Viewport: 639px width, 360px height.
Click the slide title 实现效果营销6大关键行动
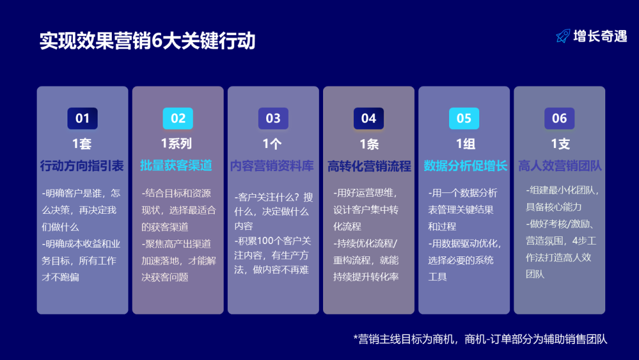point(147,41)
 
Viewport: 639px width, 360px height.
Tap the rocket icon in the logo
point(563,36)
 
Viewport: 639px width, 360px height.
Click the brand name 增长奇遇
point(600,36)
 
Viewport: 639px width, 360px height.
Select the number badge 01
point(82,118)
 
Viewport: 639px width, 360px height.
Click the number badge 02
point(178,118)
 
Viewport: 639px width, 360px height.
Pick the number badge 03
point(273,118)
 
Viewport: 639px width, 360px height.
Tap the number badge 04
point(369,118)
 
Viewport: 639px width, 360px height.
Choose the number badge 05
point(464,118)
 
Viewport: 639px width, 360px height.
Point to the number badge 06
point(559,118)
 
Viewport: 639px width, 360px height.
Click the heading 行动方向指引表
point(82,166)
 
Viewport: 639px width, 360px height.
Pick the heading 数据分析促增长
point(465,166)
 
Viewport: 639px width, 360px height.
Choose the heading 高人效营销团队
point(560,166)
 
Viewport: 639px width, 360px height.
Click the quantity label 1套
point(82,144)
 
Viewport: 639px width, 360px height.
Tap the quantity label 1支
point(560,144)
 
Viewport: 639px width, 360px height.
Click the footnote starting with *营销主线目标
point(480,339)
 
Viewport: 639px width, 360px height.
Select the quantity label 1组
point(465,144)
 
